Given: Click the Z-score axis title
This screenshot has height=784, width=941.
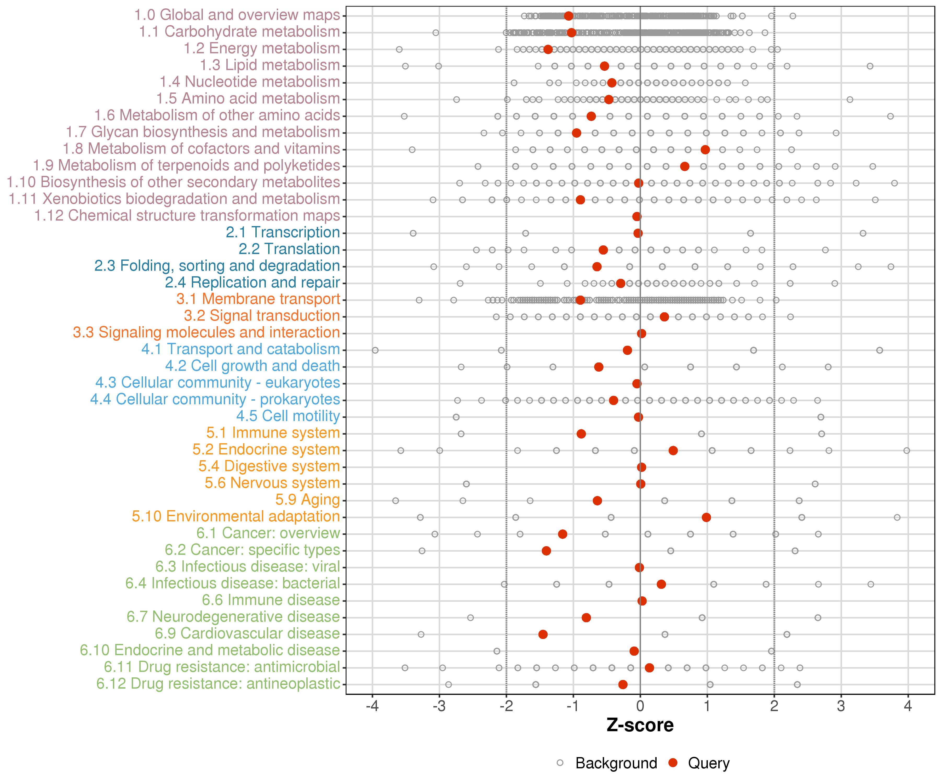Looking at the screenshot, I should tap(640, 725).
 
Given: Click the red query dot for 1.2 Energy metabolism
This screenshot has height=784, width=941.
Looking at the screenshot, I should tap(548, 49).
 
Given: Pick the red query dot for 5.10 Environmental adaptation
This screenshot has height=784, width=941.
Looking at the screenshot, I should tap(706, 517).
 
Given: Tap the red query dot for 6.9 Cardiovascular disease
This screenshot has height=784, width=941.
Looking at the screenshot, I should tap(543, 634).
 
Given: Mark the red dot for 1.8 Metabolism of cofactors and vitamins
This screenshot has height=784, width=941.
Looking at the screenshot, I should tap(705, 150).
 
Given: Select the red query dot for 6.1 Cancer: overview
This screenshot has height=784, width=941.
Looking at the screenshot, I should tap(562, 534).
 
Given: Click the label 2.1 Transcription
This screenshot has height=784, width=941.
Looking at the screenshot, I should tap(283, 233).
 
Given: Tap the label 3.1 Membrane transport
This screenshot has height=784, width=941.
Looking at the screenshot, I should tap(258, 299).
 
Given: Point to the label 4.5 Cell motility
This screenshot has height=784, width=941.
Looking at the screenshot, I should tap(288, 416).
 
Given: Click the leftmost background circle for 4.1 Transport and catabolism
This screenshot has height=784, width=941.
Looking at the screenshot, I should tap(375, 350).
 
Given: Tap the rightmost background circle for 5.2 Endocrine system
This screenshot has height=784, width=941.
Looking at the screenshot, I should tap(906, 451).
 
